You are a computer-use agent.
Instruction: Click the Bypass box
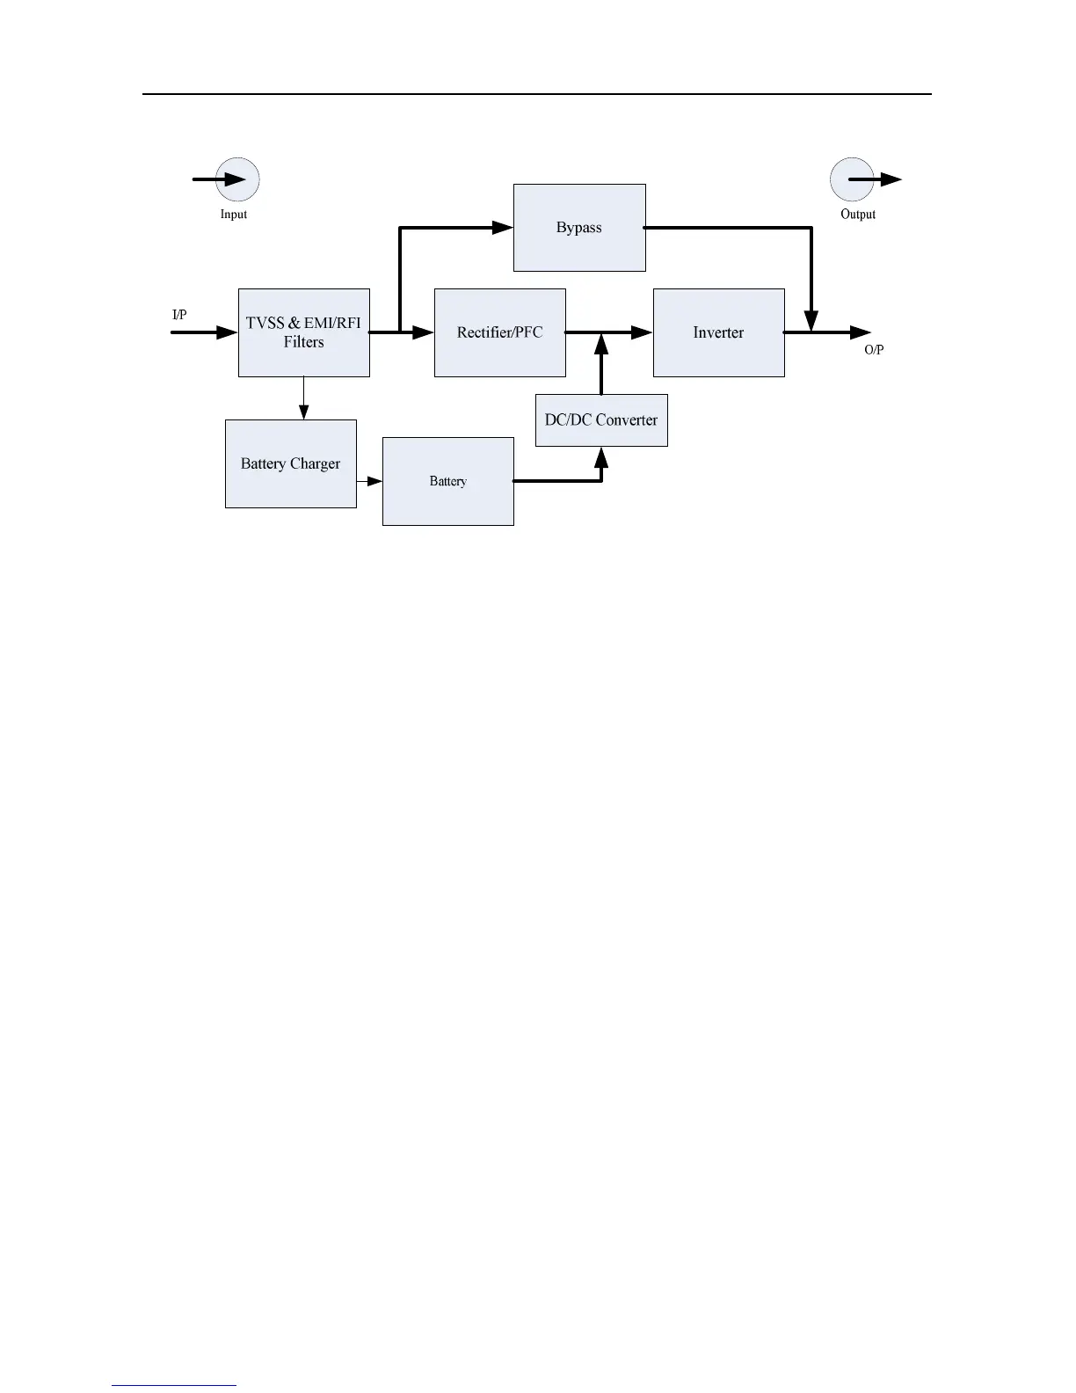pyautogui.click(x=579, y=228)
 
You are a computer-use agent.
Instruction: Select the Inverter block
pyautogui.click(x=718, y=332)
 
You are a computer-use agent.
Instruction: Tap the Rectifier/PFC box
pyautogui.click(x=499, y=332)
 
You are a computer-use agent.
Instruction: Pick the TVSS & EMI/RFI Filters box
pyautogui.click(x=303, y=332)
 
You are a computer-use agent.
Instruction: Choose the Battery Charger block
pyautogui.click(x=290, y=463)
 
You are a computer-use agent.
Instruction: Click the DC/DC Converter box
pyautogui.click(x=601, y=420)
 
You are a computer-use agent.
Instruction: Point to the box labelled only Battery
pyautogui.click(x=447, y=481)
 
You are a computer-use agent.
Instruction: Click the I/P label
pyautogui.click(x=179, y=315)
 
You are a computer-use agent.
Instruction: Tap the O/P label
pyautogui.click(x=874, y=350)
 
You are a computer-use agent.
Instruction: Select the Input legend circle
pyautogui.click(x=237, y=179)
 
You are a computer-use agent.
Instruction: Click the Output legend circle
pyautogui.click(x=852, y=179)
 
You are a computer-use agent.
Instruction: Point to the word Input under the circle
pyautogui.click(x=234, y=215)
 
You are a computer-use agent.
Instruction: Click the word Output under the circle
pyautogui.click(x=858, y=215)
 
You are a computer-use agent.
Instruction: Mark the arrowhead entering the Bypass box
pyautogui.click(x=503, y=228)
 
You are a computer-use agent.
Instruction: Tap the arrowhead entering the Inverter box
pyautogui.click(x=643, y=332)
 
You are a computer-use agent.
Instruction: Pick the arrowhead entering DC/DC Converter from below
pyautogui.click(x=601, y=456)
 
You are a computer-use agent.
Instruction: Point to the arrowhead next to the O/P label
pyautogui.click(x=861, y=332)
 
